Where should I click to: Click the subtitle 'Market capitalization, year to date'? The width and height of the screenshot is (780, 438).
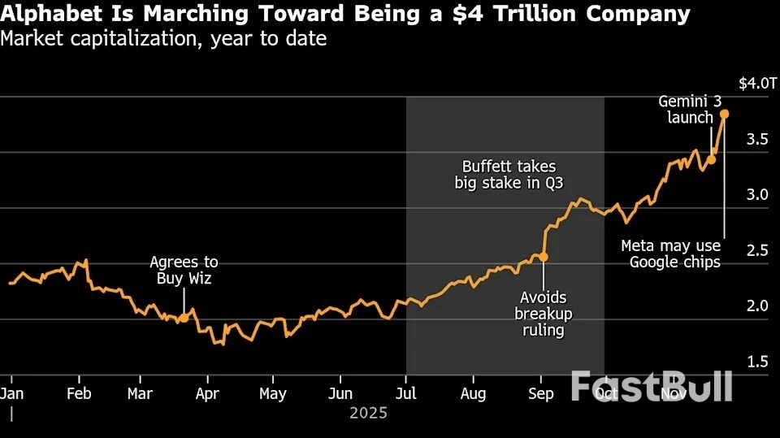164,38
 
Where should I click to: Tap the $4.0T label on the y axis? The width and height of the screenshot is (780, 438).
757,83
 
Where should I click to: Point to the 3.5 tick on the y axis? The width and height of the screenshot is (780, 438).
757,139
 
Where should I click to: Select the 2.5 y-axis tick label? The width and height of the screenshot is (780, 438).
757,249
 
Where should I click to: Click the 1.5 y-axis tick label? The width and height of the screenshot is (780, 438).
757,361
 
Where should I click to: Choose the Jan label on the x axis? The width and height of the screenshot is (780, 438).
11,394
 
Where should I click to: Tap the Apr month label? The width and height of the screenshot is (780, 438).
208,394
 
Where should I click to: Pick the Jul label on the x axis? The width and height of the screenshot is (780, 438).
406,394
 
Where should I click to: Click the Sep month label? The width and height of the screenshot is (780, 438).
541,394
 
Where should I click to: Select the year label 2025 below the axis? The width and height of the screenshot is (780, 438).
368,413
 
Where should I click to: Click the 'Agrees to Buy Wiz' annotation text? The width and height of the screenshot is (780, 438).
184,270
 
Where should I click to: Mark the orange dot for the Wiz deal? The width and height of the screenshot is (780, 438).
184,318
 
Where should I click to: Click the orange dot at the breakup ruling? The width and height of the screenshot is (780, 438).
543,257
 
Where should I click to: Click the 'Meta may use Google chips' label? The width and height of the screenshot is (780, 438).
670,254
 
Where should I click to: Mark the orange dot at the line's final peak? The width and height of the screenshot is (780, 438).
724,114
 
